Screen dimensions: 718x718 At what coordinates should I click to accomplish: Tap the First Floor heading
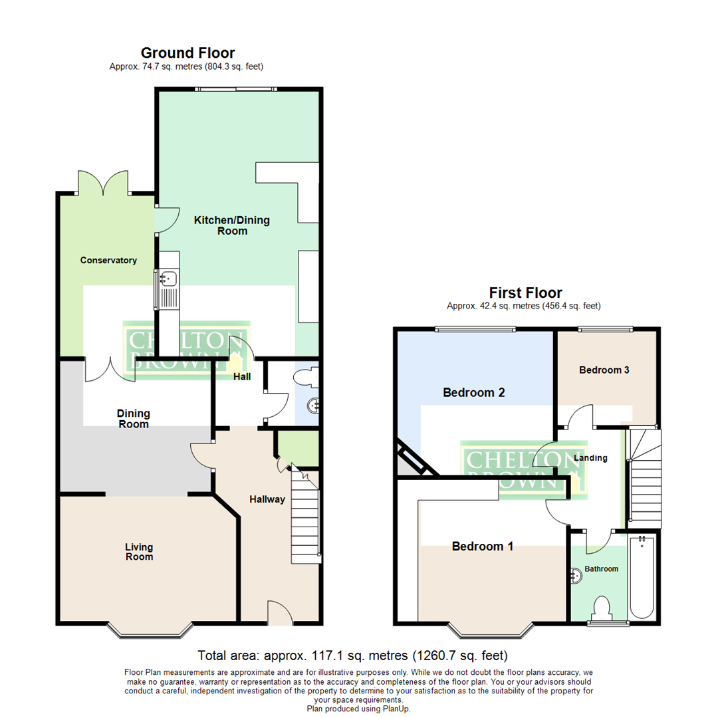525,293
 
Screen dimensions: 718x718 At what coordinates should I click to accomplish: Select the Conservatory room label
108,260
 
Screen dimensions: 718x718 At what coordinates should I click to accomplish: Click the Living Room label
139,551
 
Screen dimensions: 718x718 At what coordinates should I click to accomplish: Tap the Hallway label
267,499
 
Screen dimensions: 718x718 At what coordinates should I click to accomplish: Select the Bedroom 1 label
482,546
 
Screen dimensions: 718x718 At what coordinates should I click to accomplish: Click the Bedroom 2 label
473,393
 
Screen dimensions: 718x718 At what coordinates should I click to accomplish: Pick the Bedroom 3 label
604,370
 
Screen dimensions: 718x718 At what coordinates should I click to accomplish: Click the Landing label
590,457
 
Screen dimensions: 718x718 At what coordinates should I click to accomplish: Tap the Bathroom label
601,569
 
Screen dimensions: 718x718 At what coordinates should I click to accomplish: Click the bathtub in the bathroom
642,576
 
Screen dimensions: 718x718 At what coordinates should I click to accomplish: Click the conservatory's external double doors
103,182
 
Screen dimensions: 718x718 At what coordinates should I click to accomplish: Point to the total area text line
353,655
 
